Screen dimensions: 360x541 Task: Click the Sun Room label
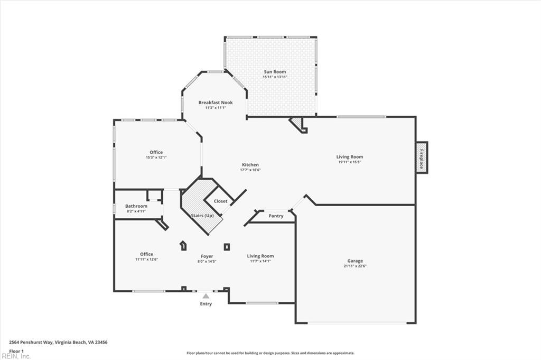pyautogui.click(x=275, y=71)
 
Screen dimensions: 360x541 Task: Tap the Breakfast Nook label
pyautogui.click(x=216, y=102)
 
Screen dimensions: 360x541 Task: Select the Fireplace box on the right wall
pyautogui.click(x=422, y=158)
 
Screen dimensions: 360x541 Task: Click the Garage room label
pyautogui.click(x=355, y=261)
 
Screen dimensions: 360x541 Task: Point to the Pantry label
pyautogui.click(x=276, y=216)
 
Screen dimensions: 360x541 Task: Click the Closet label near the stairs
pyautogui.click(x=220, y=201)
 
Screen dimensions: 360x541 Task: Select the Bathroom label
pyautogui.click(x=136, y=206)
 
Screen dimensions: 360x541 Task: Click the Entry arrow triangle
pyautogui.click(x=206, y=297)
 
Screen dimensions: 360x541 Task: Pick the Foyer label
pyautogui.click(x=207, y=256)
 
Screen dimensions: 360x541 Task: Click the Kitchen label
pyautogui.click(x=250, y=164)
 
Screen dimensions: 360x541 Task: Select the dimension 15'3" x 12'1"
pyautogui.click(x=156, y=158)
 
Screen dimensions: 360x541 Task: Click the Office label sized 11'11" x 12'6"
pyautogui.click(x=146, y=254)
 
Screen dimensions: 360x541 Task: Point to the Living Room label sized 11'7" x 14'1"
pyautogui.click(x=260, y=256)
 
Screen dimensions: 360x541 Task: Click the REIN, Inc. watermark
pyautogui.click(x=16, y=356)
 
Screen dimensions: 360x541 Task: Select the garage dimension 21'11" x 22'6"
pyautogui.click(x=355, y=266)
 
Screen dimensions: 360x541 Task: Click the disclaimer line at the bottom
pyautogui.click(x=270, y=353)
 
